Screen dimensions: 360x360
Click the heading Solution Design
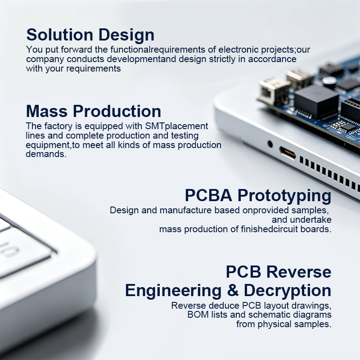click(x=90, y=35)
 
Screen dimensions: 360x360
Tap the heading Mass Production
click(x=94, y=111)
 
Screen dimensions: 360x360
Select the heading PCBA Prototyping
click(x=258, y=196)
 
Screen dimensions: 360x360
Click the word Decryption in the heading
click(x=288, y=291)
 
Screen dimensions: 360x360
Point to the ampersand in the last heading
click(x=233, y=290)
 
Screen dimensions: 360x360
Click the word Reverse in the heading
click(x=299, y=272)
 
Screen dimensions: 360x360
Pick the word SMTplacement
click(x=176, y=126)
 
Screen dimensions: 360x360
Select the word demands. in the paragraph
click(x=46, y=154)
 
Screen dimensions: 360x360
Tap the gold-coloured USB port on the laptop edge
click(x=288, y=153)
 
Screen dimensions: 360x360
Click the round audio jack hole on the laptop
click(x=270, y=144)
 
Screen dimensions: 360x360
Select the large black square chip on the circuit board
click(x=316, y=101)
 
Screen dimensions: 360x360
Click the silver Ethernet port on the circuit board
click(x=274, y=90)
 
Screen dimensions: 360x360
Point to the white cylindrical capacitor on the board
click(x=329, y=82)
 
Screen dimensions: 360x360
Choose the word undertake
click(x=310, y=220)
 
